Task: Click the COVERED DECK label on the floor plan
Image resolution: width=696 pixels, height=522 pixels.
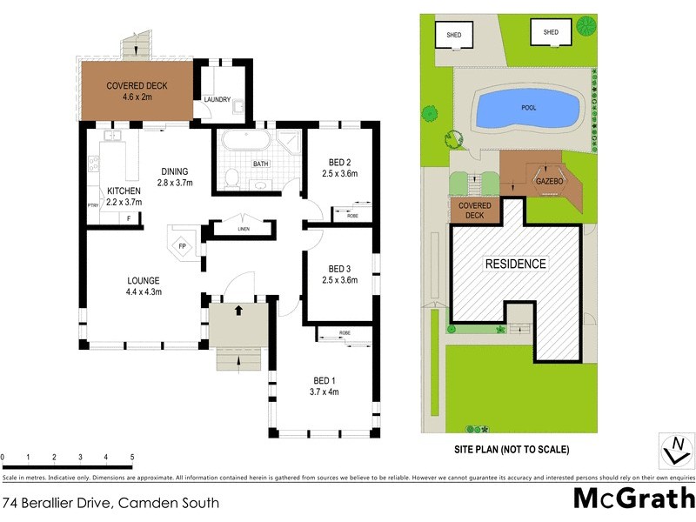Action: (136, 86)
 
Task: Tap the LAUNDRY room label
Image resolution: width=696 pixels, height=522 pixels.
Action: (217, 100)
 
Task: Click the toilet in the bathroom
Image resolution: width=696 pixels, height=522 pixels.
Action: (231, 178)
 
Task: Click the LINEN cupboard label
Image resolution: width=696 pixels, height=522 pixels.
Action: (244, 230)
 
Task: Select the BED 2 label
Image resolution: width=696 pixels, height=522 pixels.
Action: (339, 162)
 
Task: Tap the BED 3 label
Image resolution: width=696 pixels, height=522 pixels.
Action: (339, 269)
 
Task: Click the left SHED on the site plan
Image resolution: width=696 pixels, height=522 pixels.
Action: (454, 36)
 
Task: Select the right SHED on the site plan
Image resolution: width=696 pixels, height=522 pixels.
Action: (551, 33)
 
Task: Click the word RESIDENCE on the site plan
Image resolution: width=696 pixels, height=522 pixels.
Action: (515, 264)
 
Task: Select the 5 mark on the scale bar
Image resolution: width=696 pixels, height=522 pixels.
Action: (131, 457)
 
